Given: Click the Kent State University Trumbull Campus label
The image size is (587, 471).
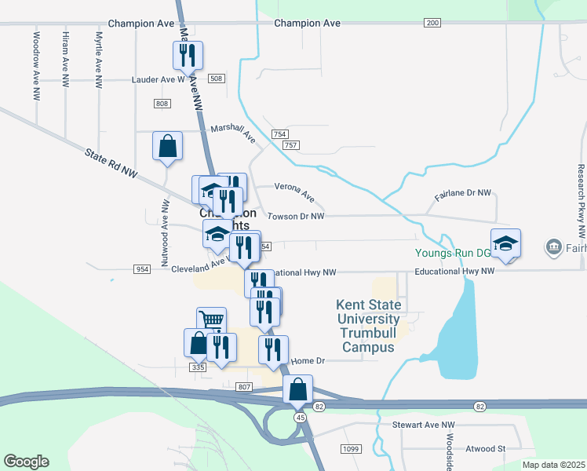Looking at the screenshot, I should click(x=369, y=326).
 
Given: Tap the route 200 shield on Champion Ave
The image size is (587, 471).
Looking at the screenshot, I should click(x=432, y=23).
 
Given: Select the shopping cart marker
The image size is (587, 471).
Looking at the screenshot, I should click(x=211, y=320).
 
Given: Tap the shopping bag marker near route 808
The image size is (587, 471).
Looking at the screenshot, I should click(x=167, y=146).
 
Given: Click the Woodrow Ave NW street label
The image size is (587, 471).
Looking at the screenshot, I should click(x=36, y=65).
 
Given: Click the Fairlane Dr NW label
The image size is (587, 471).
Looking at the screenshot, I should click(x=463, y=192).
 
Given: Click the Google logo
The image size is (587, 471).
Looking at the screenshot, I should click(x=26, y=462).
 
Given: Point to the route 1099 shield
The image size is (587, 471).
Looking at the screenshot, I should click(x=351, y=448).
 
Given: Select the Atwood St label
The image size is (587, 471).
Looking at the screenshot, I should click(x=485, y=448).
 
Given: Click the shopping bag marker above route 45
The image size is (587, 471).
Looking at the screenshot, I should click(x=297, y=389).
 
